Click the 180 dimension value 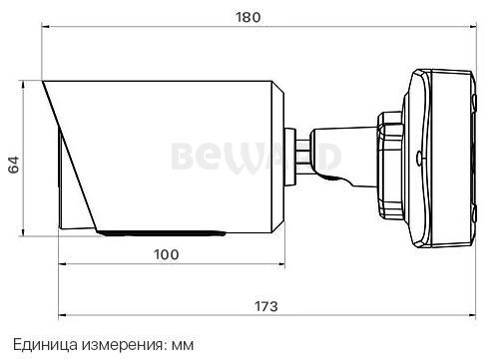pyautogui.click(x=249, y=17)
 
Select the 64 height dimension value pyautogui.click(x=14, y=165)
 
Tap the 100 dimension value pyautogui.click(x=167, y=254)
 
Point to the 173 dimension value pyautogui.click(x=266, y=306)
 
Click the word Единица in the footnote pyautogui.click(x=45, y=345)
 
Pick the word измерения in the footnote pyautogui.click(x=124, y=346)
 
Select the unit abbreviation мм pyautogui.click(x=183, y=346)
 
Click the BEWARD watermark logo pyautogui.click(x=256, y=158)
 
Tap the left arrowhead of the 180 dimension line pyautogui.click(x=45, y=27)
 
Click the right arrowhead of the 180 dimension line pyautogui.click(x=472, y=27)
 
